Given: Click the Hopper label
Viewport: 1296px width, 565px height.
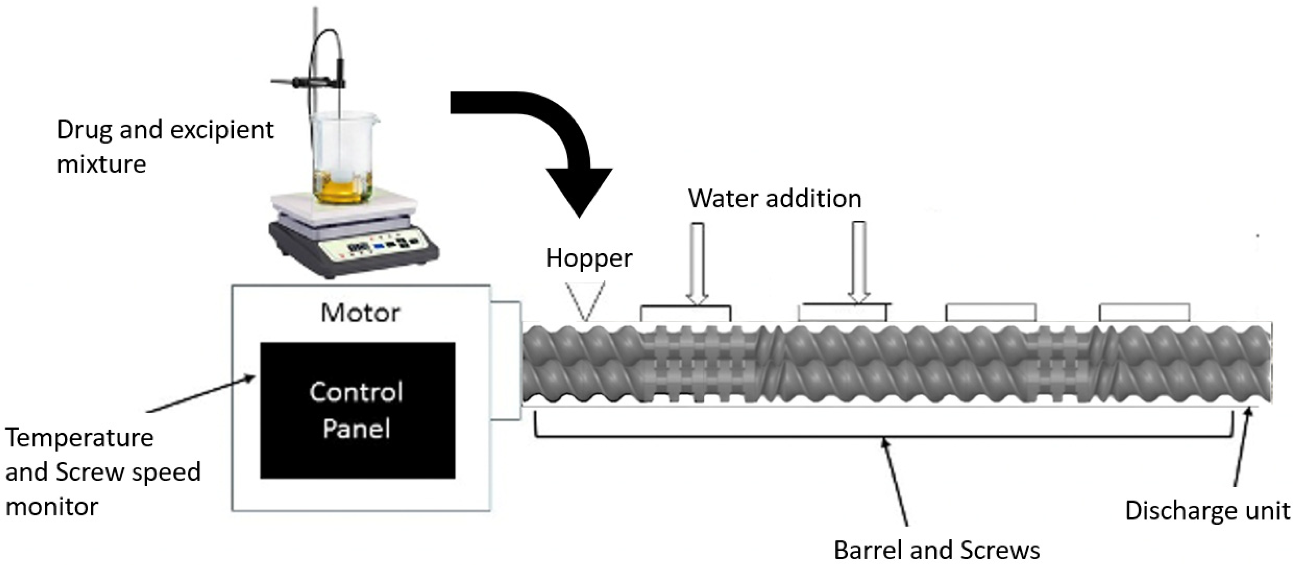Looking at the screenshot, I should point(589,258).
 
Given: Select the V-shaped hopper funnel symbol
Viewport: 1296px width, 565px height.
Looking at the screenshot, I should point(585,301).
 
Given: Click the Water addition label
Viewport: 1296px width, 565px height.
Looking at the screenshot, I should point(774,198).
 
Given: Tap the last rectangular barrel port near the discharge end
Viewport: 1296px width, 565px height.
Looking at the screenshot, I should point(1144,312).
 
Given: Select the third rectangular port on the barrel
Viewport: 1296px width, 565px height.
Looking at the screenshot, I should point(990,312).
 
